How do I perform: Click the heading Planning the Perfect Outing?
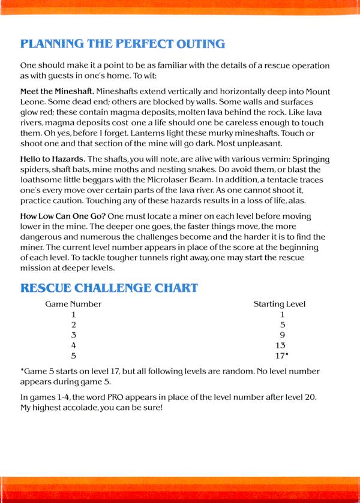pos(123,44)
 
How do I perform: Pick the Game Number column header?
pos(73,304)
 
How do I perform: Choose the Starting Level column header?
pos(280,304)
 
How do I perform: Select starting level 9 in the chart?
pos(281,335)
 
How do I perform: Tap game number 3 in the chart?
pos(73,335)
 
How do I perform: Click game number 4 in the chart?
pos(73,345)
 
